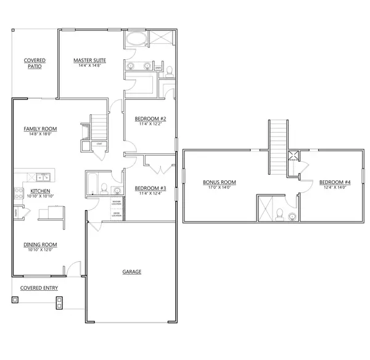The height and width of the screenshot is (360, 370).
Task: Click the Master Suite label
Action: tap(89, 61)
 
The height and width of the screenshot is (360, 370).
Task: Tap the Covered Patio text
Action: tap(35, 63)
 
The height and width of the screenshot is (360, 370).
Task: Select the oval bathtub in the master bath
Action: tap(136, 41)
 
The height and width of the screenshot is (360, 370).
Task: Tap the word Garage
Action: tap(132, 272)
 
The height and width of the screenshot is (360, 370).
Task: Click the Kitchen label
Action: tap(40, 191)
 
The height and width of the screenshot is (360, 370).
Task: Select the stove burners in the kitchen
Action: tap(17, 186)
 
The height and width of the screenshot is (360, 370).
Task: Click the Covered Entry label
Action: tap(39, 288)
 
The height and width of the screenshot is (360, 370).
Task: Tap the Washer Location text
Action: tap(116, 202)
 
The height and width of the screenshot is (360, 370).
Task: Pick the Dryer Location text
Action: tap(116, 214)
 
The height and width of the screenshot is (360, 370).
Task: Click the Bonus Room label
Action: tap(220, 182)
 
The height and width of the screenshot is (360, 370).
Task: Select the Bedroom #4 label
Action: tap(335, 182)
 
